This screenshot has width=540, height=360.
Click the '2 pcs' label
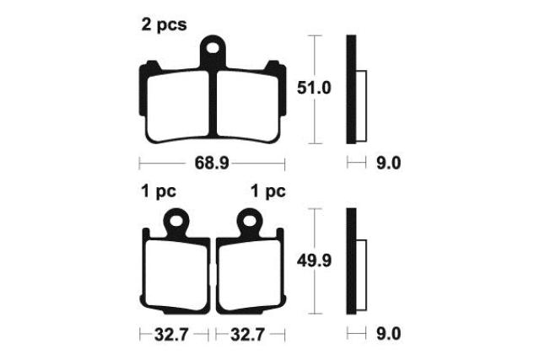point(164,24)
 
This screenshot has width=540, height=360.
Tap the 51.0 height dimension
point(314,88)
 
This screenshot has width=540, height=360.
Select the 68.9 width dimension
point(212,163)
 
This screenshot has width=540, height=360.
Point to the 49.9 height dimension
point(314,261)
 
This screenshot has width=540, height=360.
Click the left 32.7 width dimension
point(171,334)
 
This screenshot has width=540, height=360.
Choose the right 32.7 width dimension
point(247,334)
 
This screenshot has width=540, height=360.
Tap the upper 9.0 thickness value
point(388,163)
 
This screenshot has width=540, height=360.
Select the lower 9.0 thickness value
point(388,334)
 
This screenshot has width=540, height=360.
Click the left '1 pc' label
point(159,191)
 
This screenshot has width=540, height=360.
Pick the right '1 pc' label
point(268,191)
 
